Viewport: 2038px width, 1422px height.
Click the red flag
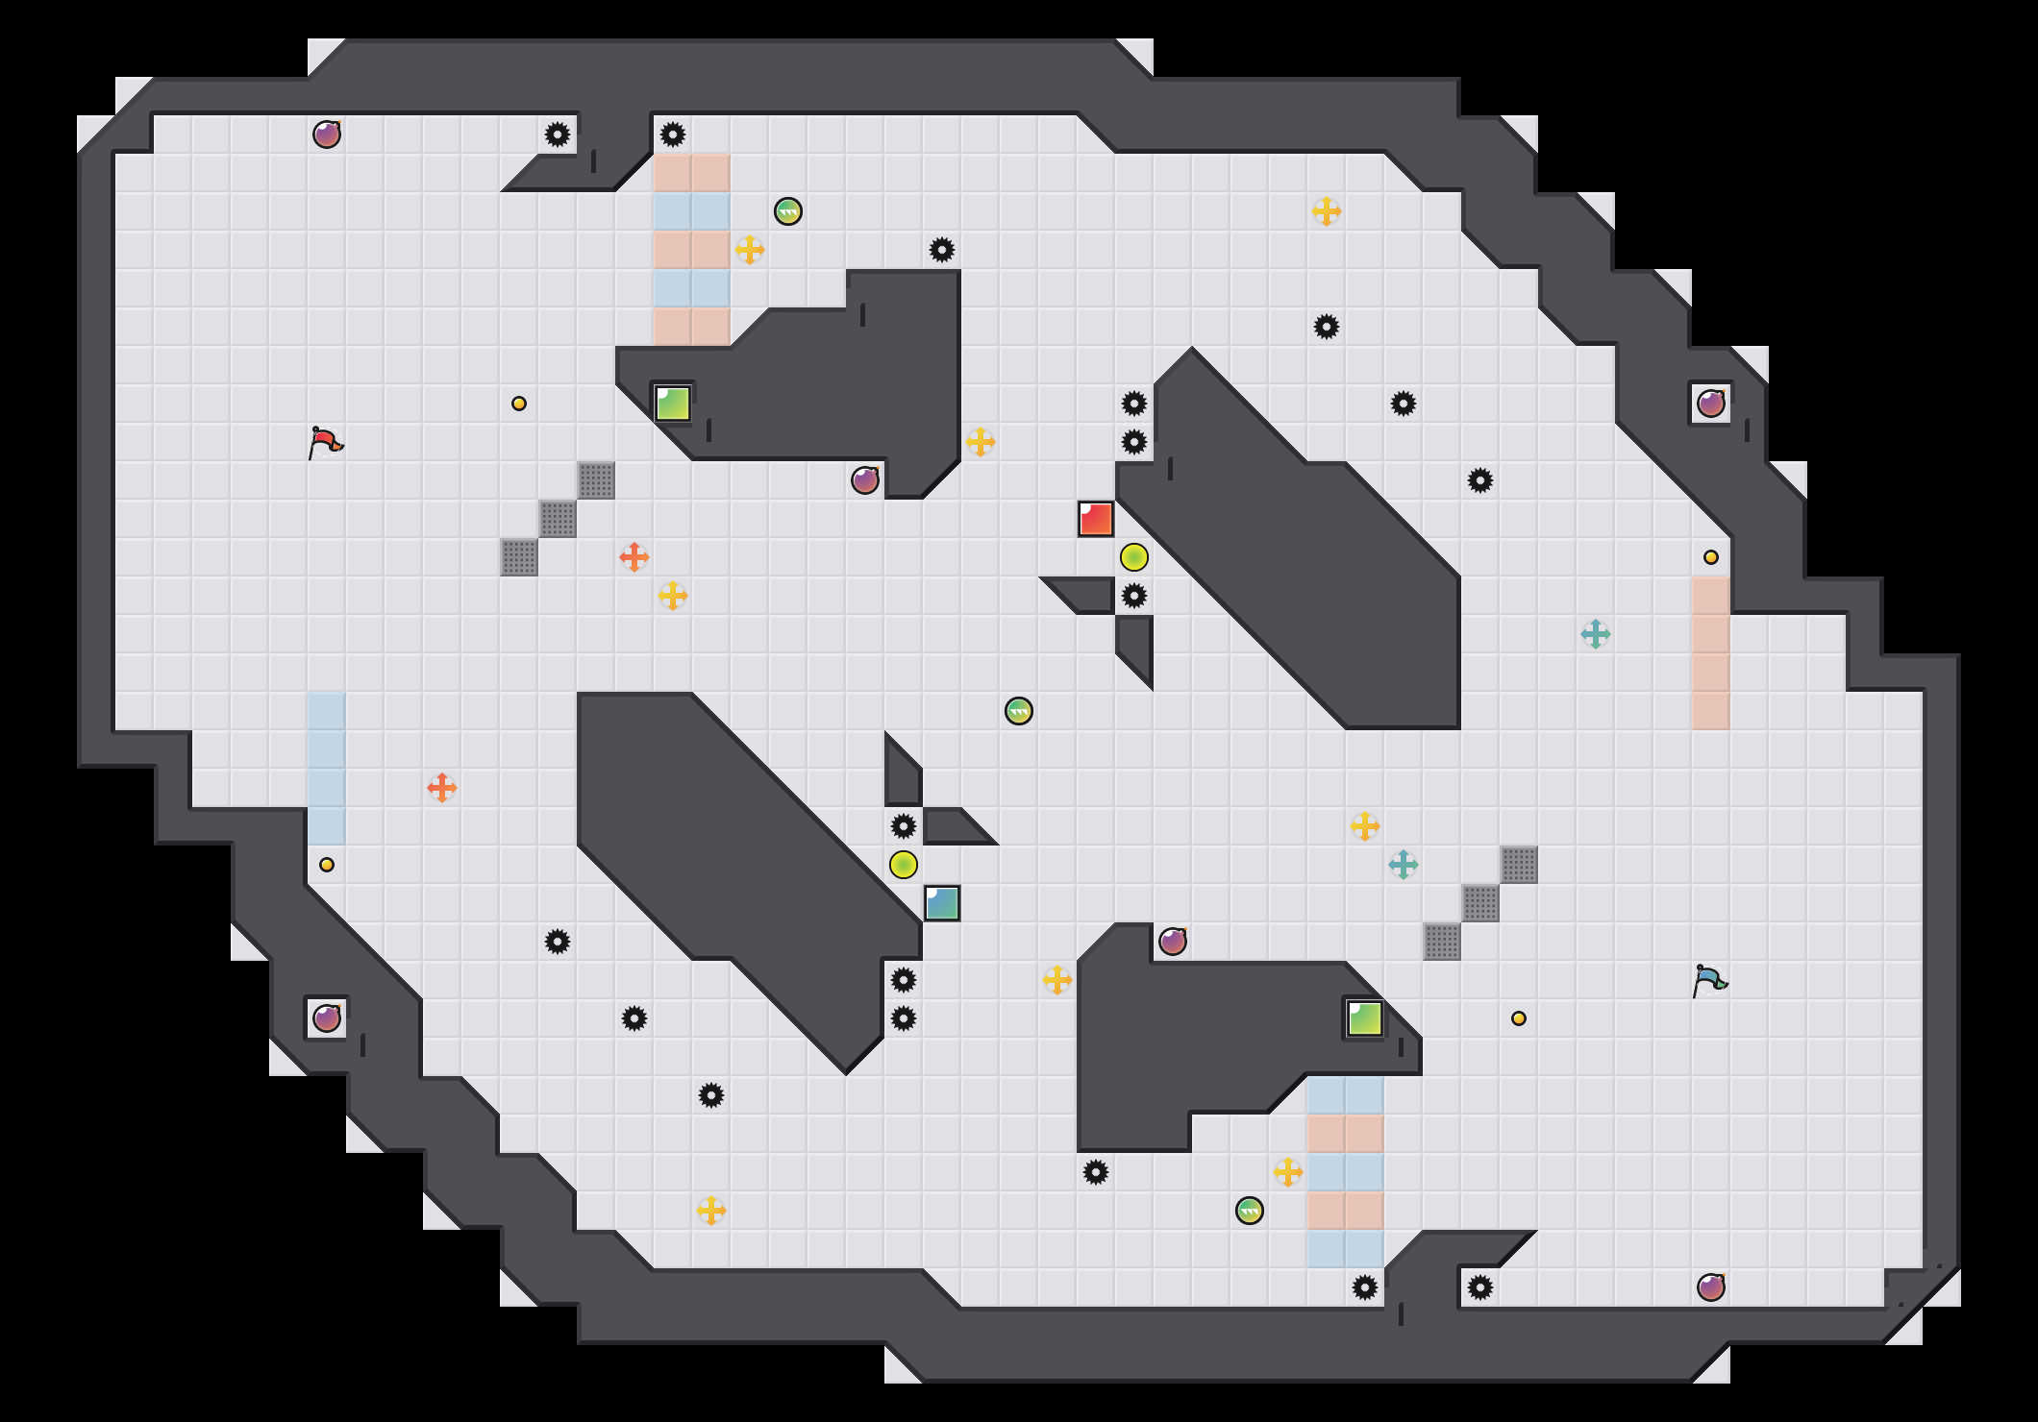coord(325,442)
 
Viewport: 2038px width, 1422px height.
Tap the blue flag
coord(1709,980)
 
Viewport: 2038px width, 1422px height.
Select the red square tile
coord(1096,519)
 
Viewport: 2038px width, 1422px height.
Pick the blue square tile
coord(942,903)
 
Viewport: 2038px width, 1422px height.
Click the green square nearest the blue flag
coord(1365,1018)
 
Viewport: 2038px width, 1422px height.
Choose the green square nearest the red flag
coord(673,404)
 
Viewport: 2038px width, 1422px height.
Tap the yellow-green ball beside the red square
coord(1134,557)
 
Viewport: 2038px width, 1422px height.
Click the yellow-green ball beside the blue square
coord(904,865)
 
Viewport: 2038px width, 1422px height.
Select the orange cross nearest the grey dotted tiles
coord(634,557)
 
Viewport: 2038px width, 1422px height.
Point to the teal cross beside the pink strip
coord(1596,634)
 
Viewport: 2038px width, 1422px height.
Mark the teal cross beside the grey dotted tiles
coord(1404,865)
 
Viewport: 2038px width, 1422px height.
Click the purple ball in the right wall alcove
coord(1711,404)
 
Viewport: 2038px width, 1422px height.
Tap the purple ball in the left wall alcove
coord(327,1018)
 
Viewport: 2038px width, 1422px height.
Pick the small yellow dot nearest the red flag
coord(519,404)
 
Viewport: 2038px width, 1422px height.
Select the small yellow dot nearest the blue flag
coord(1519,1018)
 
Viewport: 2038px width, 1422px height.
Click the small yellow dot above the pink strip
coord(1711,557)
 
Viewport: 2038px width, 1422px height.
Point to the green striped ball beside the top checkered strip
coord(788,211)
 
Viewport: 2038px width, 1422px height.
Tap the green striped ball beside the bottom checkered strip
coord(1250,1211)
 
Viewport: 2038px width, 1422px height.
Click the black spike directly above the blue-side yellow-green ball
coord(904,826)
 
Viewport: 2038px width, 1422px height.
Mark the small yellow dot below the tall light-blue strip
coord(327,865)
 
